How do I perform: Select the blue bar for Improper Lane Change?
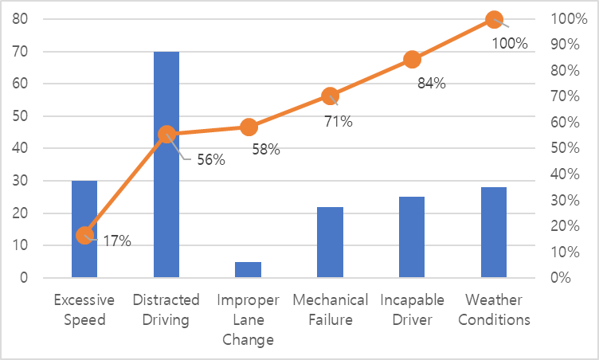coord(248,270)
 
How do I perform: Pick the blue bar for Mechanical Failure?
coord(330,242)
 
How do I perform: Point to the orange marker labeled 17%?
coord(84,236)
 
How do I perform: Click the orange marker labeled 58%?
coord(249,127)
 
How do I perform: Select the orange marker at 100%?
coord(494,19)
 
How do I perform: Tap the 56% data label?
coord(210,160)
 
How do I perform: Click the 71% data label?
coord(338,122)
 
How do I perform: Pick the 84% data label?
coord(431,83)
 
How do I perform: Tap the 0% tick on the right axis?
coord(570,278)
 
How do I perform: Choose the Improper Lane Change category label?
coord(248,319)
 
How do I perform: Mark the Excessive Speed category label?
coord(84,310)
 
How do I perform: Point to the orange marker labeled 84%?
coord(412,59)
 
